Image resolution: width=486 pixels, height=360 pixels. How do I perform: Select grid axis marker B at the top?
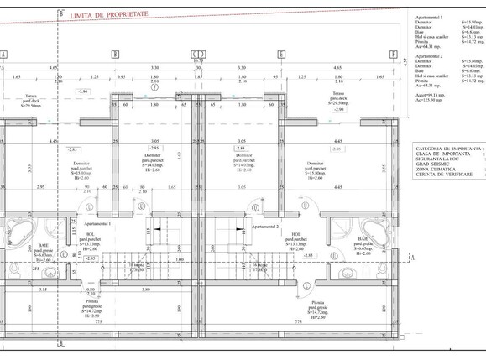click(x=116, y=54)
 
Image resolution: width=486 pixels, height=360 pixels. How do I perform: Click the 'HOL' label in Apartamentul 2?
click(x=296, y=235)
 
